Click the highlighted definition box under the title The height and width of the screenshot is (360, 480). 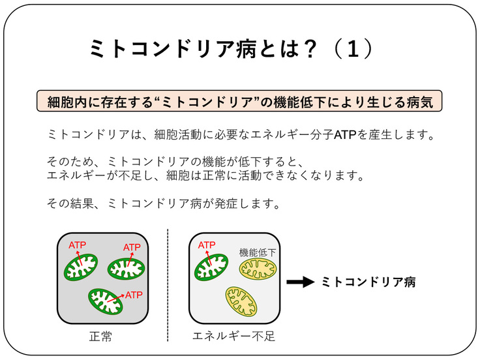(x=239, y=102)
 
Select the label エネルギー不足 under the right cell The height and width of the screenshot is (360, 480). (x=234, y=337)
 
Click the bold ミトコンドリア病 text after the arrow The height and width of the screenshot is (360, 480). (x=368, y=282)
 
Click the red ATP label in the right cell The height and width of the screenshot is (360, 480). (x=207, y=245)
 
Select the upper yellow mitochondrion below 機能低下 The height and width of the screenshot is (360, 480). (x=258, y=269)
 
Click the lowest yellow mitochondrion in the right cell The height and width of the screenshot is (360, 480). (x=241, y=302)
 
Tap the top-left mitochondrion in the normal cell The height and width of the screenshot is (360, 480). (x=80, y=267)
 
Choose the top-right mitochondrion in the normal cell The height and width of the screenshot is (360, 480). (x=126, y=268)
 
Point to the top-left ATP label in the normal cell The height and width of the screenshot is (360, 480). (x=78, y=245)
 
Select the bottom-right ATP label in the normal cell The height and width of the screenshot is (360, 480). (x=134, y=294)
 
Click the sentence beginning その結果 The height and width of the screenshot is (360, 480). (x=164, y=203)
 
